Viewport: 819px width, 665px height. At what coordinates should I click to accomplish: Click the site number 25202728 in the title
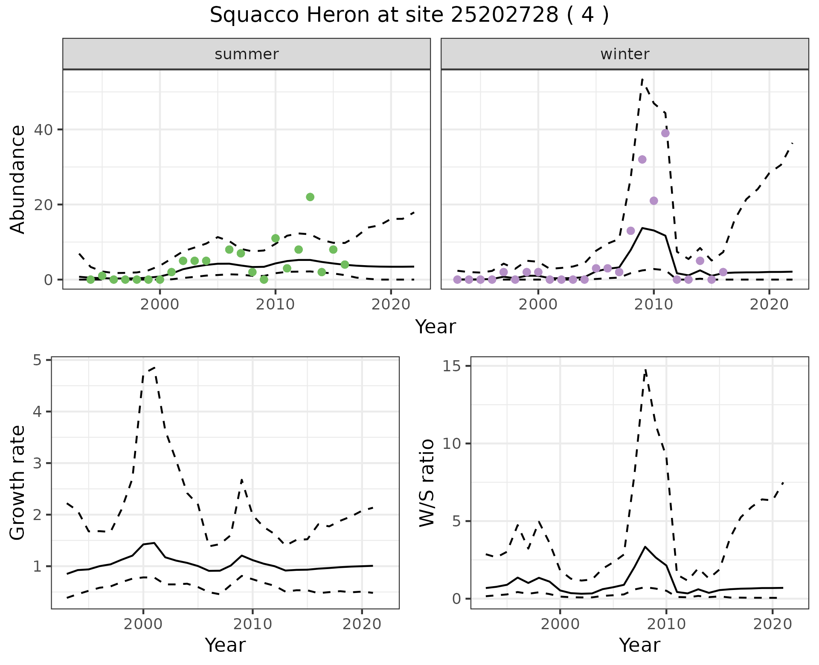tap(504, 15)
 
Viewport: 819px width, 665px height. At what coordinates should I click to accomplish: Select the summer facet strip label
tap(247, 54)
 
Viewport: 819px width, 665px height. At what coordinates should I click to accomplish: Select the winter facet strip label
tap(624, 54)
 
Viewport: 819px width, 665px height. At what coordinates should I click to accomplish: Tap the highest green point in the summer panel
tap(310, 197)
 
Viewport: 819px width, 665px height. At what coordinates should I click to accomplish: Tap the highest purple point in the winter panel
tap(665, 133)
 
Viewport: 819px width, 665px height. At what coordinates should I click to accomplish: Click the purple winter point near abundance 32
tap(642, 159)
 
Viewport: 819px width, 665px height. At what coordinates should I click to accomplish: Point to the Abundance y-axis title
tap(17, 179)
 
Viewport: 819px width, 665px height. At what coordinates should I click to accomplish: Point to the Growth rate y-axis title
tap(17, 483)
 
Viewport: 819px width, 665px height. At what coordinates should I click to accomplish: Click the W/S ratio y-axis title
tap(427, 483)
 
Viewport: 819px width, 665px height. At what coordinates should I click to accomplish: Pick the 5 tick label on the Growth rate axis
tap(37, 361)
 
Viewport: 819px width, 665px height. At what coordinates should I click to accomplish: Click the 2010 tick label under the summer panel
tap(275, 304)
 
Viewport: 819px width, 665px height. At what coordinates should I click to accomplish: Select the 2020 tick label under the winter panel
tap(769, 304)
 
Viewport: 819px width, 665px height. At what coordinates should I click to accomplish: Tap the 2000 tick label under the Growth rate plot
tap(143, 624)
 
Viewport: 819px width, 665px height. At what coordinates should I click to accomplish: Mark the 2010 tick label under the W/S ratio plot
tap(666, 624)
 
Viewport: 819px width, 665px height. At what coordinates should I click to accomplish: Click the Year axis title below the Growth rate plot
tap(225, 645)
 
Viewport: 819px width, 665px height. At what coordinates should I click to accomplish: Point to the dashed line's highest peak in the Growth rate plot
tap(154, 367)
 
